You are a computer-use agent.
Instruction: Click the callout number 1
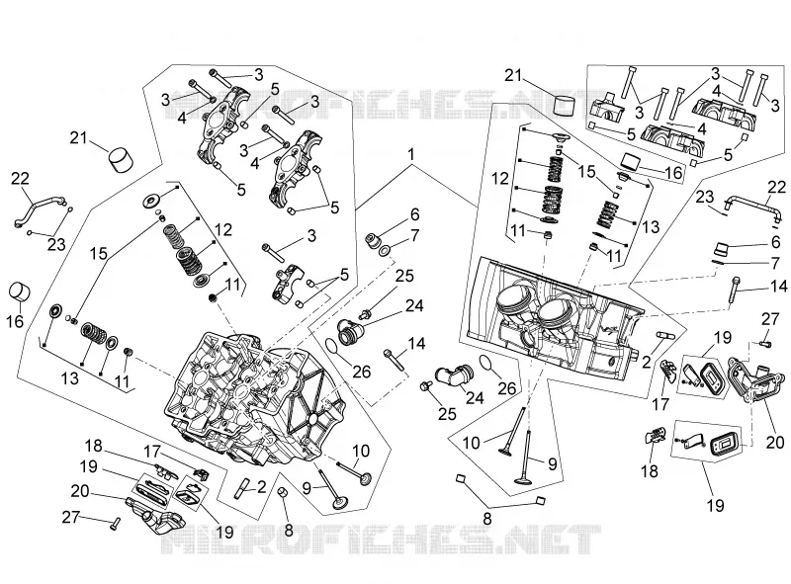click(411, 154)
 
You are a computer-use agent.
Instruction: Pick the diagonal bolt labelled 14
click(394, 358)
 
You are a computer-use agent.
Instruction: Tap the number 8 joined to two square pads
click(487, 519)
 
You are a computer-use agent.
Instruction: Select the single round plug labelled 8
click(284, 492)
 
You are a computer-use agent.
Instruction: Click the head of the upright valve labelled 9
click(525, 478)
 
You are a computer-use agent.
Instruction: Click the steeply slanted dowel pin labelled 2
click(240, 488)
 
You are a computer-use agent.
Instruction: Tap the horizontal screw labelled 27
click(765, 344)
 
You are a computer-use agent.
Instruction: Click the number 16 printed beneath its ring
click(15, 320)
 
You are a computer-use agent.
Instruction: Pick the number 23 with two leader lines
click(56, 245)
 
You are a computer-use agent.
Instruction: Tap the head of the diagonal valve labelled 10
click(365, 478)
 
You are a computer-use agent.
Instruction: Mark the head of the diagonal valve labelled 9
click(339, 504)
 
